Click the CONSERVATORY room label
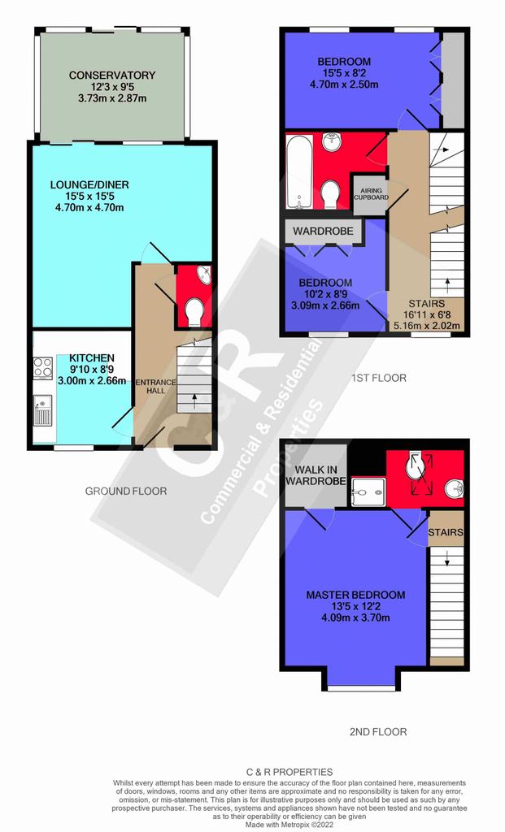[x=112, y=76]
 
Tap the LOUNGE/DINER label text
[x=89, y=184]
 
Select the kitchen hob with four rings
[x=43, y=368]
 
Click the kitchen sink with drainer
[x=43, y=410]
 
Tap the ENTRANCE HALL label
[x=155, y=386]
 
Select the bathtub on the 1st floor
[x=299, y=171]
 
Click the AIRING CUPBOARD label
[x=371, y=194]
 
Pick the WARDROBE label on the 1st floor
[x=323, y=232]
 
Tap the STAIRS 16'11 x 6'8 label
[x=427, y=314]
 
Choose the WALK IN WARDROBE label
[x=316, y=475]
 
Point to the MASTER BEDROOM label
[x=355, y=595]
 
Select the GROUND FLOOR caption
[x=126, y=492]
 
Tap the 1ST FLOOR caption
[x=379, y=378]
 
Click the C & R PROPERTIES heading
[x=290, y=772]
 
